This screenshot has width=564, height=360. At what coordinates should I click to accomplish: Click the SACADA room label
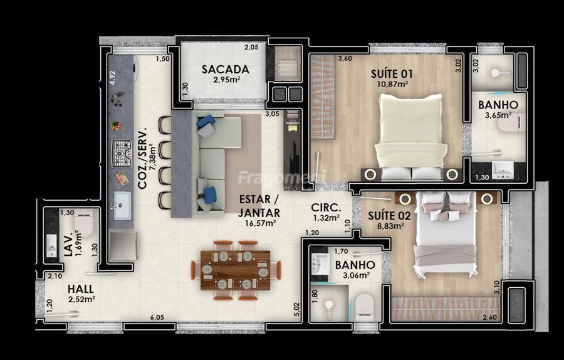point(225,69)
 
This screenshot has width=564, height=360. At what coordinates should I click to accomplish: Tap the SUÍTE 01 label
point(391,74)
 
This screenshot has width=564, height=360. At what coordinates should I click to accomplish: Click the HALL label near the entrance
point(81,289)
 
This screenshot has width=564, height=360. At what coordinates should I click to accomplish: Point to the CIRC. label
point(326,208)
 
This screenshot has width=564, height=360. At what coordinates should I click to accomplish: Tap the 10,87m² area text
point(392,84)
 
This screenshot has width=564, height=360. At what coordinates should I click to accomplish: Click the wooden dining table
point(236,270)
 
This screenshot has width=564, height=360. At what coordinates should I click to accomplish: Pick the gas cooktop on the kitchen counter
point(122,154)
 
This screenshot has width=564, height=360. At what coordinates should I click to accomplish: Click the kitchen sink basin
point(122,205)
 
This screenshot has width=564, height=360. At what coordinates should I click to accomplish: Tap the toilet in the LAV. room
point(85,223)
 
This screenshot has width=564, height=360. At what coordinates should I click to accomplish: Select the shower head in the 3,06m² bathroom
point(328,305)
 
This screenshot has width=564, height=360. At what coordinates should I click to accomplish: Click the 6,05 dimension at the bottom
point(157,317)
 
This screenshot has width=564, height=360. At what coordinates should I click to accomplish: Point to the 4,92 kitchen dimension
point(113,78)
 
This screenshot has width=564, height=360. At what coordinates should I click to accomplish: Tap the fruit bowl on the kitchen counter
point(116,125)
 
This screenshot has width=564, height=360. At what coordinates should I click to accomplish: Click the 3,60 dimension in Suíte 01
point(345,58)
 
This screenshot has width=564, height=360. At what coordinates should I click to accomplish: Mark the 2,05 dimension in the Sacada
point(251,47)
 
